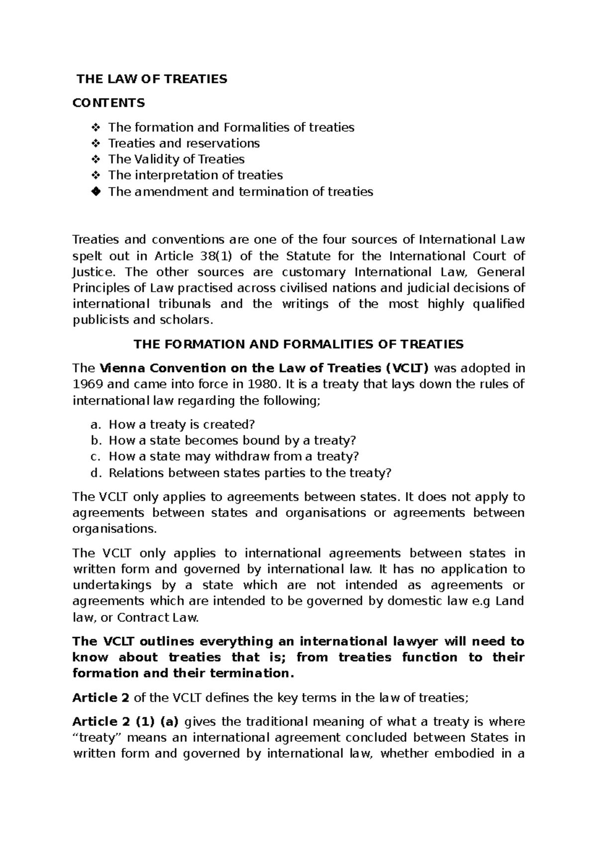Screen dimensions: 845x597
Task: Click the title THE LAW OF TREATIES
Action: [151, 79]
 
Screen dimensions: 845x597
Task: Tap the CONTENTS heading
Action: [108, 103]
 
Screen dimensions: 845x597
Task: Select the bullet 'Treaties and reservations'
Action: [184, 143]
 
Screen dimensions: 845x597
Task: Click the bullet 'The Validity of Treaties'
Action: [176, 159]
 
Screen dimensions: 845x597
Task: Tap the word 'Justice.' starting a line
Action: [94, 272]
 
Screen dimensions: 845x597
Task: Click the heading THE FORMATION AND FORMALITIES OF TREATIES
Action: [298, 344]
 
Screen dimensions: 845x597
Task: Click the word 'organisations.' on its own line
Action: [114, 528]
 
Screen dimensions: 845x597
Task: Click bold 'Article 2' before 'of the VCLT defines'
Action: [101, 698]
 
